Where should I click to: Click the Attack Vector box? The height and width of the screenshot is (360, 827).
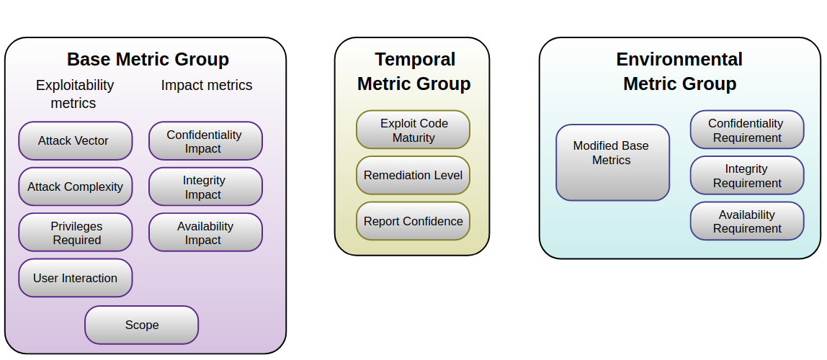(x=75, y=141)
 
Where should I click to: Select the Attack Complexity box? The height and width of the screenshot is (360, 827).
(x=75, y=186)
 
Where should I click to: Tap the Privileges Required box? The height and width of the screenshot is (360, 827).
(x=75, y=233)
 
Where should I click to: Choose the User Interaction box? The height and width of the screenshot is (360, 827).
(x=75, y=278)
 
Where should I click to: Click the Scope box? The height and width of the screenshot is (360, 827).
(x=141, y=325)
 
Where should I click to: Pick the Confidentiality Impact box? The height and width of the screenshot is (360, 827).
(x=205, y=141)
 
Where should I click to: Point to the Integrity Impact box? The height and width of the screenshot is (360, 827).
(x=205, y=186)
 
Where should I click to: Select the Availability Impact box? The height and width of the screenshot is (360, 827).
(x=205, y=233)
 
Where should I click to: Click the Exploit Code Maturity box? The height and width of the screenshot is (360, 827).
(x=413, y=130)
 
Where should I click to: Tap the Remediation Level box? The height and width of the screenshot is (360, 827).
(x=413, y=175)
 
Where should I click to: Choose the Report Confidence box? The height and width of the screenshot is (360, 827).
(x=413, y=221)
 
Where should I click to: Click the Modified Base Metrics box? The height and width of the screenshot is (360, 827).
(x=612, y=162)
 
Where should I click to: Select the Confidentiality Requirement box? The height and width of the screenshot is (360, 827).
(x=746, y=130)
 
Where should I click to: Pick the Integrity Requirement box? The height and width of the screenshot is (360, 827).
(x=746, y=176)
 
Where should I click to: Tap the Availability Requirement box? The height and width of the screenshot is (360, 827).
(x=746, y=221)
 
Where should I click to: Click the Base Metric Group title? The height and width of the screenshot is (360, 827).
(x=148, y=59)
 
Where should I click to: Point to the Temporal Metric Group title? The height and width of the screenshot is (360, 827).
(x=414, y=71)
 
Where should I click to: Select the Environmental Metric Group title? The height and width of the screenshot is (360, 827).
(x=679, y=71)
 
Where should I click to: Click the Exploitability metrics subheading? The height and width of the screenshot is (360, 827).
(x=74, y=94)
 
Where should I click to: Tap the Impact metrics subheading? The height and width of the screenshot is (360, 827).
(x=207, y=85)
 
